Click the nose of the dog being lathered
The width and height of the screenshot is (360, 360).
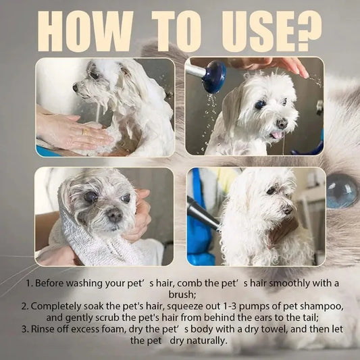coord(76,88)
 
